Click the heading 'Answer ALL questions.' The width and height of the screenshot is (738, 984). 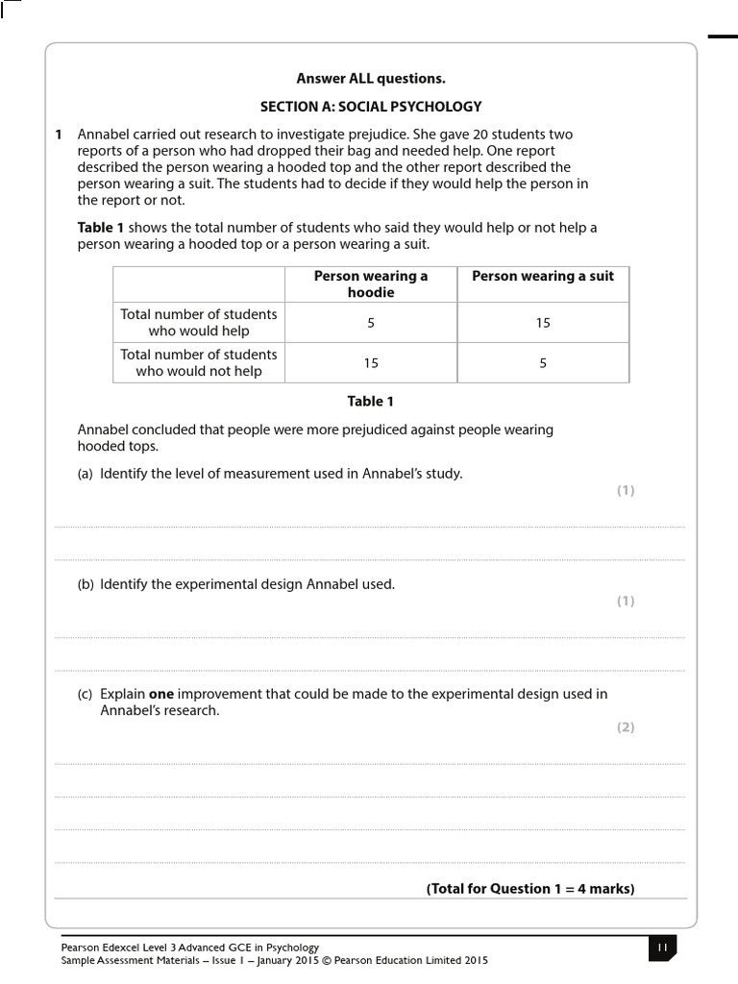[x=371, y=79]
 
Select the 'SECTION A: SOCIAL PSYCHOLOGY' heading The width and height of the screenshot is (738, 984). [x=371, y=107]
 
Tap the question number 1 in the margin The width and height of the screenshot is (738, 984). [x=60, y=135]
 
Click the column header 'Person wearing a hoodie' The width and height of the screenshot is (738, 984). [x=371, y=283]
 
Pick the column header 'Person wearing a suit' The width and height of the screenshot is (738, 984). [x=543, y=276]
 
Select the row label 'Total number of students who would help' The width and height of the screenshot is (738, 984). [x=199, y=322]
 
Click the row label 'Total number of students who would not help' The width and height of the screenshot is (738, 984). [x=199, y=362]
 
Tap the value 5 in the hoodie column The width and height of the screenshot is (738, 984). [x=371, y=323]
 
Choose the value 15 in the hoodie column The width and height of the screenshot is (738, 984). [x=371, y=363]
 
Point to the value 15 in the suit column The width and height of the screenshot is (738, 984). [x=543, y=323]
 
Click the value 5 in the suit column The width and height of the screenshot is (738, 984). [x=543, y=363]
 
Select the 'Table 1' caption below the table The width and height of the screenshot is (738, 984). [x=371, y=402]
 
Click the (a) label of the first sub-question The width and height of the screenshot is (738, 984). [x=86, y=474]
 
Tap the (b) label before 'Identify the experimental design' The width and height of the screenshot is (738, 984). [x=86, y=584]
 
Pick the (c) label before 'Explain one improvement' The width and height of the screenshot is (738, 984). [x=86, y=694]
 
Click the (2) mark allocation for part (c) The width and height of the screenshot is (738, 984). [x=626, y=727]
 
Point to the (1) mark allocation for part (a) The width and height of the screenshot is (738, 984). [x=626, y=491]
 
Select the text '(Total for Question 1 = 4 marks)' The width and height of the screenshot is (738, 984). [x=530, y=889]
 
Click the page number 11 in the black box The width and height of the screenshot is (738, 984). [x=662, y=947]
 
